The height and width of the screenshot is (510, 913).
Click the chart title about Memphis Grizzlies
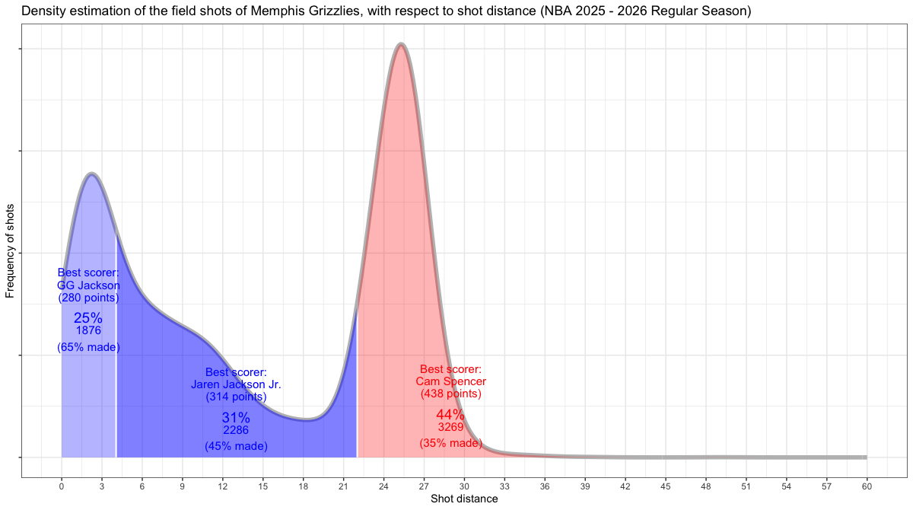click(386, 11)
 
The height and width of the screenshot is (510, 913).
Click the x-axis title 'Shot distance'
click(464, 499)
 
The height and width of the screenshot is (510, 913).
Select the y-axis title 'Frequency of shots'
click(11, 250)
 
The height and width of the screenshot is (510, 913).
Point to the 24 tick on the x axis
click(383, 486)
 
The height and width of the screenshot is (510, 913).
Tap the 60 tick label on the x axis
click(867, 486)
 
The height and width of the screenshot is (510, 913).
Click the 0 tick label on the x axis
click(62, 486)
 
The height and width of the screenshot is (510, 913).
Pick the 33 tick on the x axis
click(504, 486)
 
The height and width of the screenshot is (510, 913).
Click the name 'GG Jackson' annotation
click(88, 285)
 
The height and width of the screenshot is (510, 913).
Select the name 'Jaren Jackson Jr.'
click(236, 384)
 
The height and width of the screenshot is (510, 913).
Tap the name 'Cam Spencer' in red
click(451, 381)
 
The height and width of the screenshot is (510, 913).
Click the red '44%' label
click(450, 415)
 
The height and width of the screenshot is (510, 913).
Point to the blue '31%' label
click(236, 418)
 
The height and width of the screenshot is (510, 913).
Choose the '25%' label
click(88, 319)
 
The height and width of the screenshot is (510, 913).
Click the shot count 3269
click(450, 427)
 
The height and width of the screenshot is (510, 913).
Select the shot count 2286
click(236, 430)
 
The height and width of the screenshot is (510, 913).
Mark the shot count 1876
click(88, 330)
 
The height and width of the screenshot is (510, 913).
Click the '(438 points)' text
click(451, 394)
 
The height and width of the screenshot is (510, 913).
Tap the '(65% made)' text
click(88, 347)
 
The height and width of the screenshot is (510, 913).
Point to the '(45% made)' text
click(236, 446)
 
